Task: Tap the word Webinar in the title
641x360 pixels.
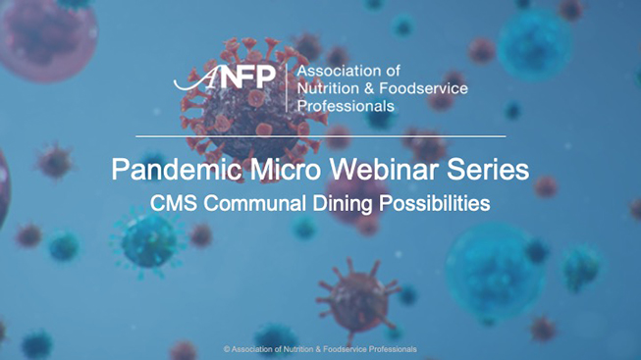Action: (365, 170)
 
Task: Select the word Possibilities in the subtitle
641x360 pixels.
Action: (435, 204)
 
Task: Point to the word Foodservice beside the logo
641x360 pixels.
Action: (425, 88)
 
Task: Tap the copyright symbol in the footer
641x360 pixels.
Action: (227, 349)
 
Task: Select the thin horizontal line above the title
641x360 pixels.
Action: (320, 135)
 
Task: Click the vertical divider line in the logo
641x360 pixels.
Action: (286, 87)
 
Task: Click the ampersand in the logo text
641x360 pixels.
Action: (375, 88)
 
